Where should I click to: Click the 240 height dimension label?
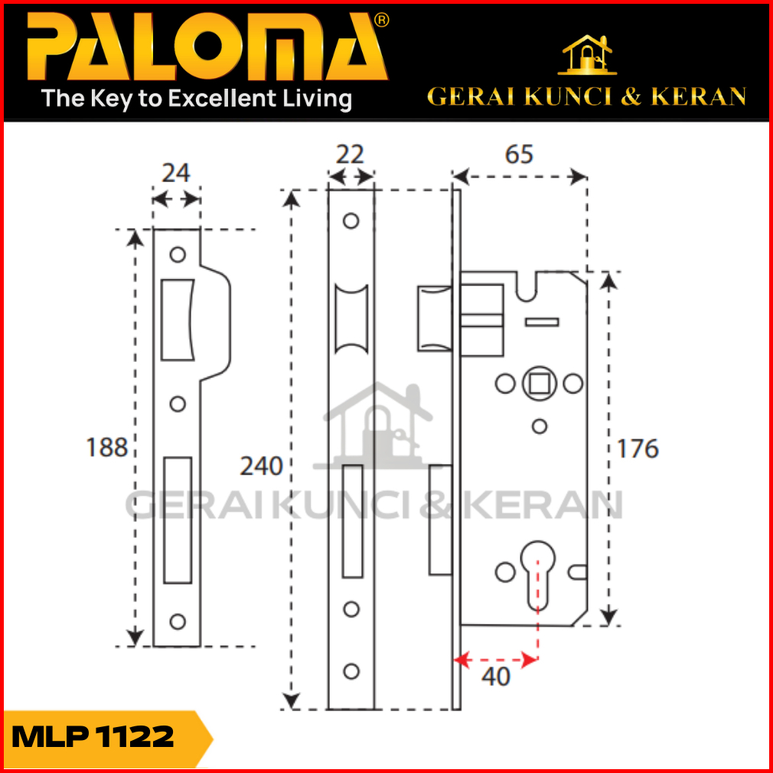[261, 466]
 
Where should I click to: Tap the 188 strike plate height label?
[106, 448]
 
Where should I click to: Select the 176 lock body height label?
[638, 448]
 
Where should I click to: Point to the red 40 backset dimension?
[495, 677]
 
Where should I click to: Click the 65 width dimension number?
[519, 155]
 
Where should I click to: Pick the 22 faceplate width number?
[350, 155]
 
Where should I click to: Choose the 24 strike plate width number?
[175, 173]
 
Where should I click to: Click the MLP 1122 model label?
[93, 737]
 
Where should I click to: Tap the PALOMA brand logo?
[207, 47]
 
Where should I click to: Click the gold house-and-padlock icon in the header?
[587, 54]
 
